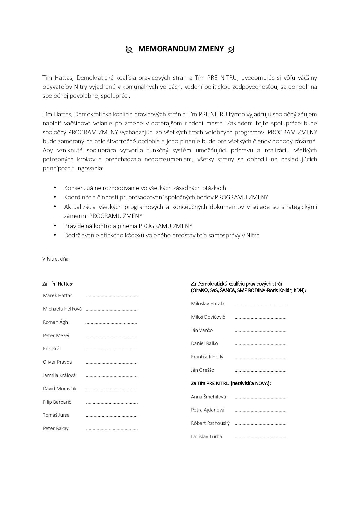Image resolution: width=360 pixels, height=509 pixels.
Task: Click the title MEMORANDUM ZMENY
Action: pyautogui.click(x=181, y=49)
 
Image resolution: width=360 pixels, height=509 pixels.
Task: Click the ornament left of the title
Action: pyautogui.click(x=129, y=50)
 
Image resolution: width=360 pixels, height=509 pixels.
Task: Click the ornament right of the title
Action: pyautogui.click(x=231, y=50)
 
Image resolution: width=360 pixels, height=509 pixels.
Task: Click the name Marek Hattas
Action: pyautogui.click(x=57, y=295)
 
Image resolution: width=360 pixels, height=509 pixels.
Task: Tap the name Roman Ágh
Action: pyautogui.click(x=55, y=322)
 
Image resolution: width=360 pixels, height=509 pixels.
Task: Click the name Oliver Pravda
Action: pyautogui.click(x=57, y=362)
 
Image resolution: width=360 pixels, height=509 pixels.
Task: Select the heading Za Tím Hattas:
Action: pyautogui.click(x=57, y=284)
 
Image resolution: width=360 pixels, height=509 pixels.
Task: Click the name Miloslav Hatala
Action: pyautogui.click(x=208, y=304)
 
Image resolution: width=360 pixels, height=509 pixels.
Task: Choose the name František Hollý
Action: pyautogui.click(x=207, y=357)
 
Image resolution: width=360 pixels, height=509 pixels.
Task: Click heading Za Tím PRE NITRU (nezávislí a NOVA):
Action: pyautogui.click(x=231, y=383)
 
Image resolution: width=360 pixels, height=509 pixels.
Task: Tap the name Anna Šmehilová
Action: pyautogui.click(x=208, y=397)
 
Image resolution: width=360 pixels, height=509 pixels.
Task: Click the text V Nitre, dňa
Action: pyautogui.click(x=55, y=259)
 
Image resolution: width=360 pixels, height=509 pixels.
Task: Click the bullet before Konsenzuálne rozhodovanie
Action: pyautogui.click(x=55, y=187)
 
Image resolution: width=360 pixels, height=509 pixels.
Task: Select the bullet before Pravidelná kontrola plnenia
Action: pyautogui.click(x=55, y=225)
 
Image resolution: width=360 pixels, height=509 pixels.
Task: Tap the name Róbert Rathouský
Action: pyautogui.click(x=210, y=423)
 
